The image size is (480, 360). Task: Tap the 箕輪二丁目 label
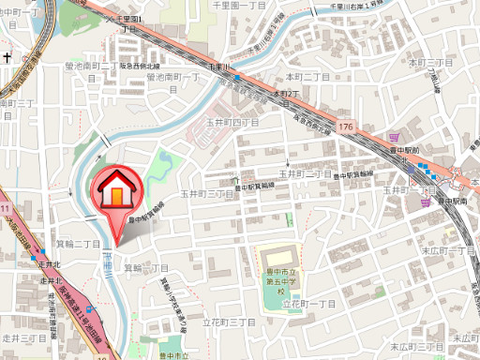coord(77,245)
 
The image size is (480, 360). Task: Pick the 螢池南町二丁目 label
coord(91,67)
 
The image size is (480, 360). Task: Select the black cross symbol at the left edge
coord(6,58)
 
